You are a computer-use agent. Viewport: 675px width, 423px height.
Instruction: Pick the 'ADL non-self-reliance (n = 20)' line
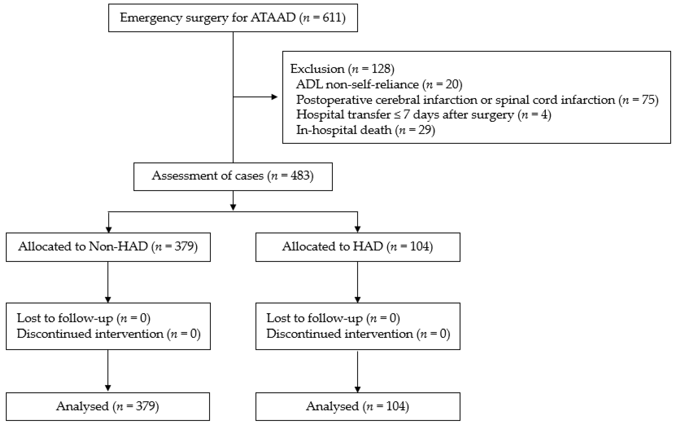379,84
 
